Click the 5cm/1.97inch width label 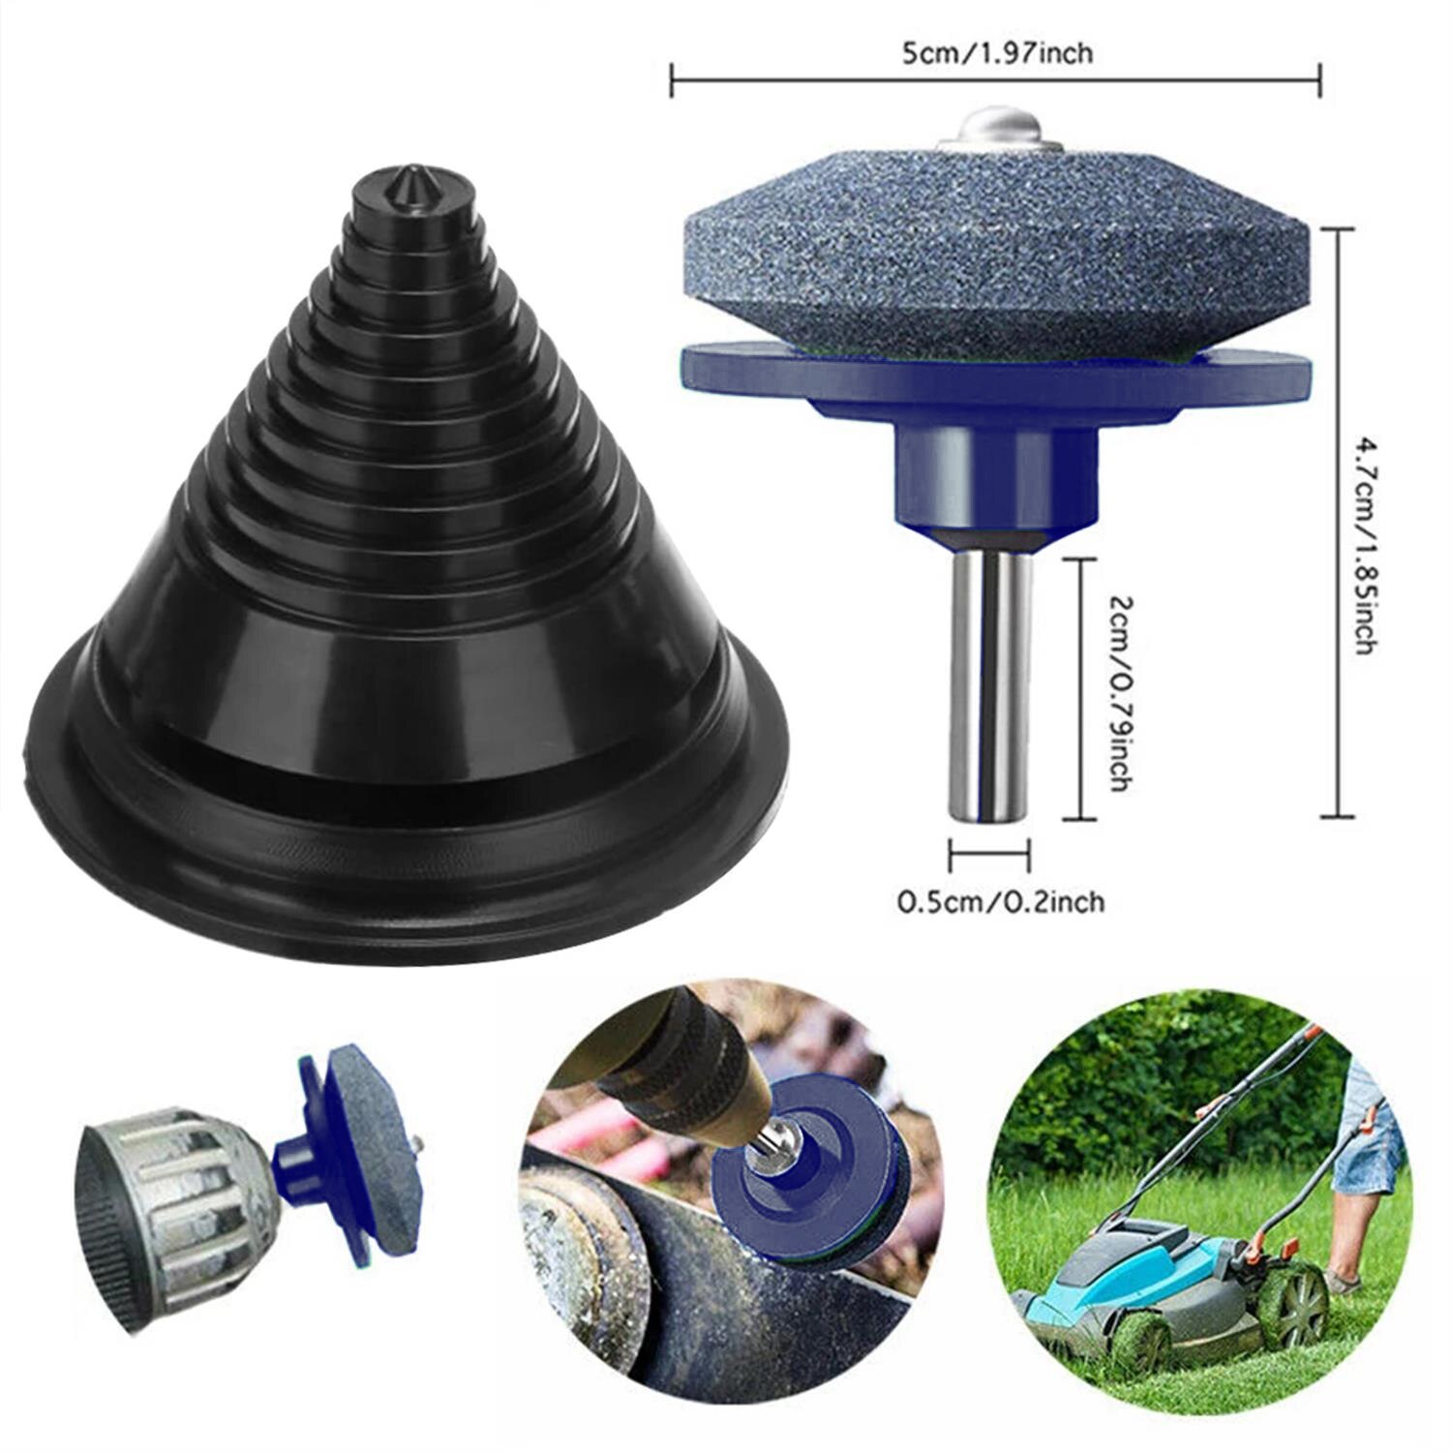point(996,52)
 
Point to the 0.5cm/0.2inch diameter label point(1001,902)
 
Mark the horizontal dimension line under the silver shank point(988,855)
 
